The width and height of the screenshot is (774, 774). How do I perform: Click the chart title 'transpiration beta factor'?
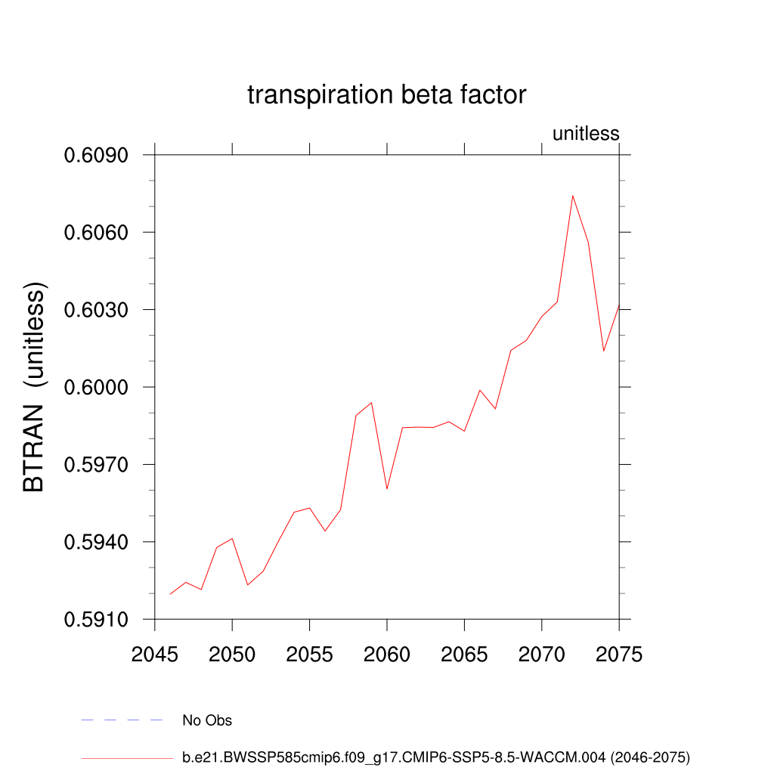[x=386, y=95]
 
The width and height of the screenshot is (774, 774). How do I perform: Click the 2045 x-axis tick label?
[x=155, y=655]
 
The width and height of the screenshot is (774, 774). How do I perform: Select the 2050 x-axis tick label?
[x=232, y=655]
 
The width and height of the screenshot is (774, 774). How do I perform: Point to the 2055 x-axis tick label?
[x=310, y=655]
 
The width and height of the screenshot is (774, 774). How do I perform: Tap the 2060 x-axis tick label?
[x=387, y=655]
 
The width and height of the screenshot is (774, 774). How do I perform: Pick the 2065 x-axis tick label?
[x=464, y=655]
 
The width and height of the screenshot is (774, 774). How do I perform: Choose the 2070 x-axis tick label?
[x=542, y=655]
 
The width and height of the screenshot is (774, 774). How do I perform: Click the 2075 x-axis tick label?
[x=618, y=655]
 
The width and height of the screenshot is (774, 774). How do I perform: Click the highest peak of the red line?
[x=572, y=196]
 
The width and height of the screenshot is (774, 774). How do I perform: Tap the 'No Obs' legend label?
[x=207, y=720]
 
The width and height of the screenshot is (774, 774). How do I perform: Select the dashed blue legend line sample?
[x=122, y=720]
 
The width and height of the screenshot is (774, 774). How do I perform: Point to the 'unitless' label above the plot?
[x=586, y=135]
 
